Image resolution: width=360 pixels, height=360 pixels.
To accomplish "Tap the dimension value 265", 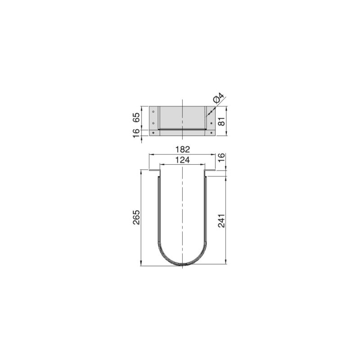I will [x=137, y=218].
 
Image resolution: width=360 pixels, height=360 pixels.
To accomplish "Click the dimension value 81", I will [x=220, y=121].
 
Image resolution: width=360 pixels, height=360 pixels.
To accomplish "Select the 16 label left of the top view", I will [x=137, y=133].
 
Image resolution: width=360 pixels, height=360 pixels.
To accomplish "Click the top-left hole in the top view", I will [x=153, y=112].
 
